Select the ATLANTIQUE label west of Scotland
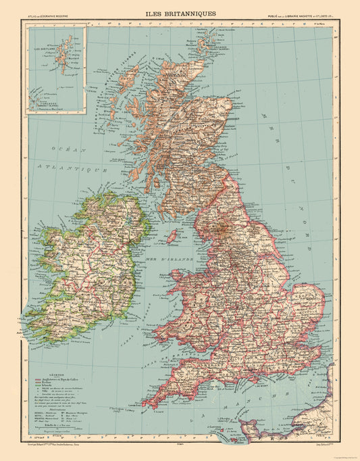point(66,164)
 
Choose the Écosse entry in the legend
point(58,383)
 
